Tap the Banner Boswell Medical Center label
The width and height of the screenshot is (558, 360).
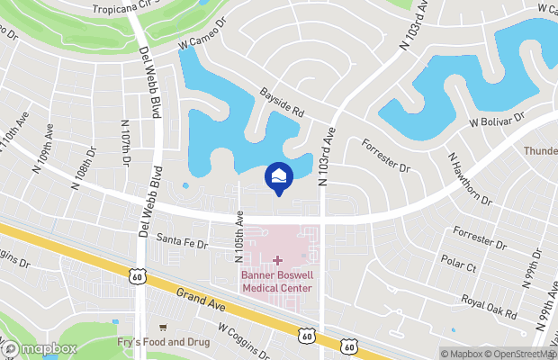pos(277,282)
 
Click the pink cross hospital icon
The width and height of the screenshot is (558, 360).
pos(277,260)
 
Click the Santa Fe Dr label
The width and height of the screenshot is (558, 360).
pos(183,242)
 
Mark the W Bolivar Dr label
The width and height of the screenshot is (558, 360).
pos(498,121)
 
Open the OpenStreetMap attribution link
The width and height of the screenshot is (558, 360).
pos(524,354)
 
